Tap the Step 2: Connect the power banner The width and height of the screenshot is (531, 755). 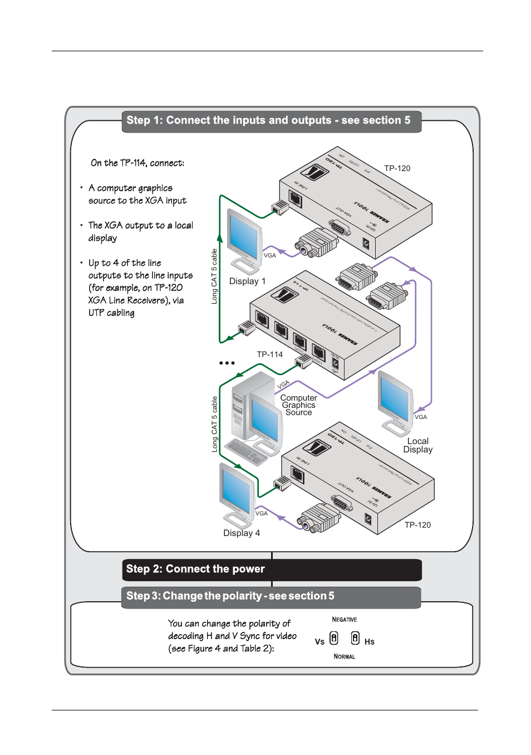[271, 569]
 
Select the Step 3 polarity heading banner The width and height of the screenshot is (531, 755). [271, 596]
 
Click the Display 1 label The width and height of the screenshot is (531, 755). [247, 281]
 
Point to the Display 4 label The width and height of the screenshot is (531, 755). [242, 533]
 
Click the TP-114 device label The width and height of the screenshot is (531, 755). [269, 354]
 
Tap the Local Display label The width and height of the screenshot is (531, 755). [418, 445]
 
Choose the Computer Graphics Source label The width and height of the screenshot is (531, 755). [298, 405]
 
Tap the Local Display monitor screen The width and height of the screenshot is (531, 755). [395, 399]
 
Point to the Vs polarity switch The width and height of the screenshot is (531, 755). [334, 638]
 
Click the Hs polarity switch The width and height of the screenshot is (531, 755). [355, 638]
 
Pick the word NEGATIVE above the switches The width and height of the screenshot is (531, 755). [344, 620]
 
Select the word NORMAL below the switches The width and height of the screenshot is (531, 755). [344, 656]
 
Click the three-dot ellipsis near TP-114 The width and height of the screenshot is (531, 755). [227, 363]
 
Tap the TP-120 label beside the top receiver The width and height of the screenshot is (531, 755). [397, 168]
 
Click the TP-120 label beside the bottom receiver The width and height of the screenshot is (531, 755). [417, 525]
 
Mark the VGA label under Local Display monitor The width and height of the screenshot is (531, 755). [421, 417]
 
